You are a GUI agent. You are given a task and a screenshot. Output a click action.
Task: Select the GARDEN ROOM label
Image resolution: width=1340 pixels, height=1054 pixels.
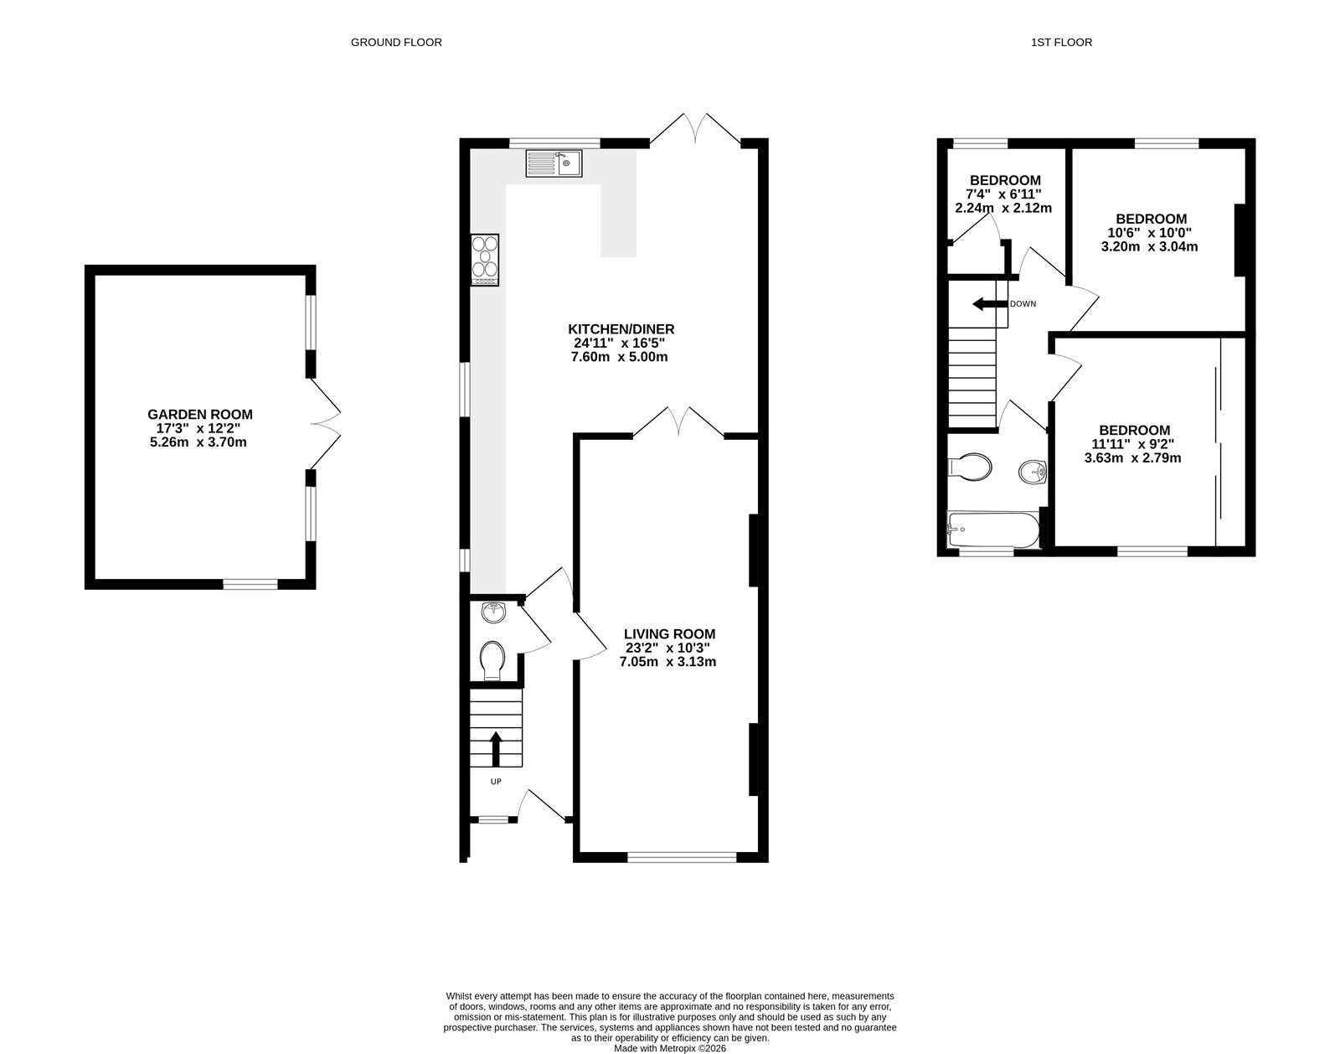pos(200,414)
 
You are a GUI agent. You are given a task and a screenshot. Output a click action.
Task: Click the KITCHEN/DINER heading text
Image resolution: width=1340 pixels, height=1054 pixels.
pos(621,328)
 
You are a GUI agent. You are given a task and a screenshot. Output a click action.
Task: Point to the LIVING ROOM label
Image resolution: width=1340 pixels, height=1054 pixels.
pos(669,634)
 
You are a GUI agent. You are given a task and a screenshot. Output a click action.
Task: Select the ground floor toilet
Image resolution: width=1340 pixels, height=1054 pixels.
pos(493,660)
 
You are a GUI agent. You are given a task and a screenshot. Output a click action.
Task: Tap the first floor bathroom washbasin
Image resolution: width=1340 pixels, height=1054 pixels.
pos(1033,473)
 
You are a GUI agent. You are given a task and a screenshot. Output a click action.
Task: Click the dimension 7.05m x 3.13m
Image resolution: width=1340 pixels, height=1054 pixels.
pos(667,662)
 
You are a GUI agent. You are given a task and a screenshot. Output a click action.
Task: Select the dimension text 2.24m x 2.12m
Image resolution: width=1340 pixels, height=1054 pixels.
pos(1003,208)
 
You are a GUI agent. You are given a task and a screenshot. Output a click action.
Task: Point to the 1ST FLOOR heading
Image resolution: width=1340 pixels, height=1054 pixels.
pos(1061,42)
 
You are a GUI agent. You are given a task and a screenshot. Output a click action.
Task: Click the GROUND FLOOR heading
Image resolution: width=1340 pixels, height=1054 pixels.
pos(396,42)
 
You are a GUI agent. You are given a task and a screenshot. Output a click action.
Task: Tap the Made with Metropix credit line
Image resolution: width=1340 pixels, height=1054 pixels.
pos(670,1047)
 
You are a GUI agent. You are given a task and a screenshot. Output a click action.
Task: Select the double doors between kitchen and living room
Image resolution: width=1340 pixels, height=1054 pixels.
pos(678,422)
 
